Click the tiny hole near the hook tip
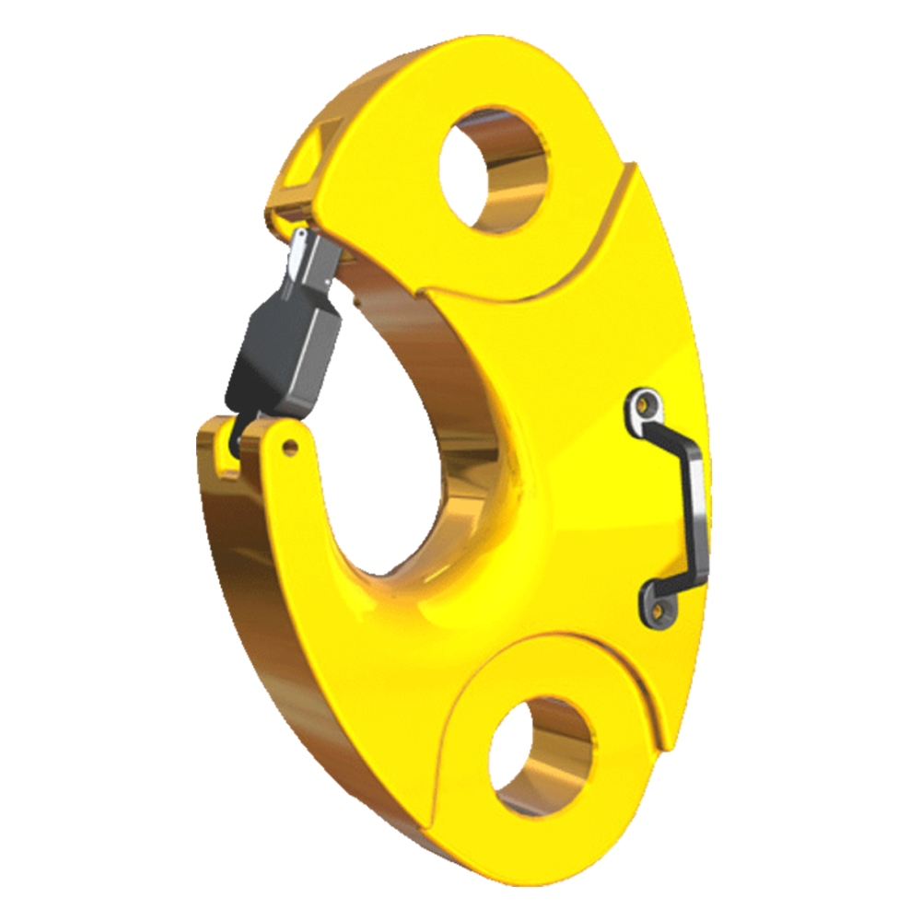[x=291, y=449]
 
